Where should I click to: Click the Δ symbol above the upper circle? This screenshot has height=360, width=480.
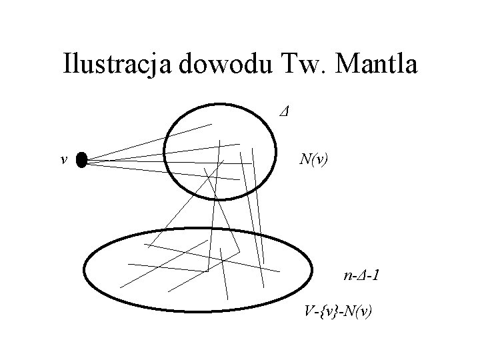pos(284,109)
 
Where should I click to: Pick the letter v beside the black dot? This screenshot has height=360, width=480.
pos(63,160)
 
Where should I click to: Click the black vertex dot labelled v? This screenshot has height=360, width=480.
pos(82,160)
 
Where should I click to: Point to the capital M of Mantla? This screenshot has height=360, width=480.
pos(349,65)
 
